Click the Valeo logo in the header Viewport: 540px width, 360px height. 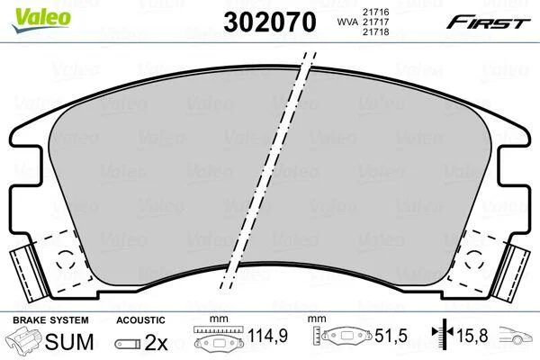coord(41,21)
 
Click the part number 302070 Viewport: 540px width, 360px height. coord(270,22)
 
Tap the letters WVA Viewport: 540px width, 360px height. coord(347,22)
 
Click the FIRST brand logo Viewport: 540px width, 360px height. coord(488,22)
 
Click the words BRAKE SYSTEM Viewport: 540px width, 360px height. coord(50,320)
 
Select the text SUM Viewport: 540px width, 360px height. coord(69,342)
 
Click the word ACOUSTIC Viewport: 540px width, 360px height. coord(140,320)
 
